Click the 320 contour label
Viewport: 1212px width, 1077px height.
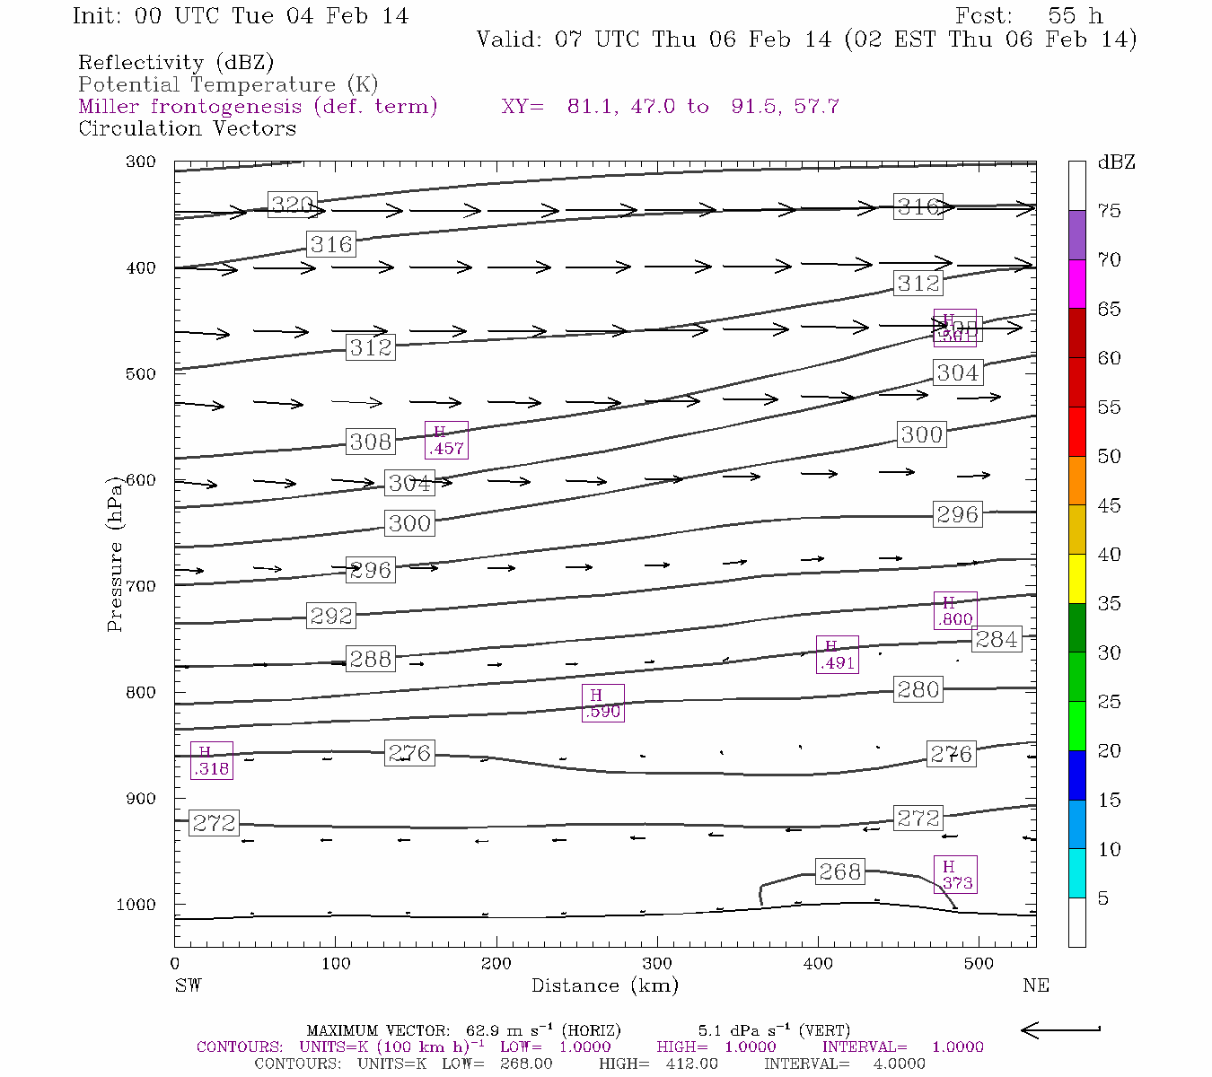(x=293, y=205)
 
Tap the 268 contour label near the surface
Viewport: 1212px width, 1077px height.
(x=839, y=871)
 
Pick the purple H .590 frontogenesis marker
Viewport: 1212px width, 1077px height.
(x=602, y=703)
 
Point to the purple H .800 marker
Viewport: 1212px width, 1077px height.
(x=954, y=611)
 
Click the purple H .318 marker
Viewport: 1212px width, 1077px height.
(x=212, y=760)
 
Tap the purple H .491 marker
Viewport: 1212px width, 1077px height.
(x=837, y=654)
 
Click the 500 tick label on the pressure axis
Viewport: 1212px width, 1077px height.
(x=141, y=374)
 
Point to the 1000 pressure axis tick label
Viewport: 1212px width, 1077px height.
(x=136, y=905)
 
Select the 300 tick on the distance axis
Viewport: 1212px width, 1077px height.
(x=657, y=964)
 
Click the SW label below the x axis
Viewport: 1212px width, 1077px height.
(x=189, y=985)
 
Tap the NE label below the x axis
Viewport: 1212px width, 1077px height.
(x=1035, y=985)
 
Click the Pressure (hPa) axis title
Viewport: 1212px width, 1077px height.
(x=115, y=554)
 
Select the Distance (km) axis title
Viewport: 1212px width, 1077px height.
(x=604, y=985)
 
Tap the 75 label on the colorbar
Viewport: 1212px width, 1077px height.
(x=1110, y=211)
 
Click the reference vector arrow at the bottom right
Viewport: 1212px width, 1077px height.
(x=1061, y=1029)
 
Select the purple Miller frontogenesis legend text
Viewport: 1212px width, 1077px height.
(x=258, y=107)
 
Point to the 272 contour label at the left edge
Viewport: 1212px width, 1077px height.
(x=214, y=823)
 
